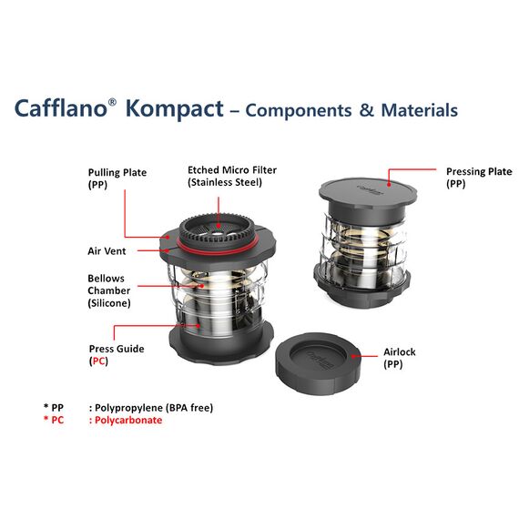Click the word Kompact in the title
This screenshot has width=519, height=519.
click(173, 109)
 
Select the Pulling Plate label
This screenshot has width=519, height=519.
click(117, 172)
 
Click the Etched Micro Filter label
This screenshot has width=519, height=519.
click(231, 169)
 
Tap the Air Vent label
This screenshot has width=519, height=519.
click(107, 249)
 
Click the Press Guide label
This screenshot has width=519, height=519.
click(116, 348)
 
